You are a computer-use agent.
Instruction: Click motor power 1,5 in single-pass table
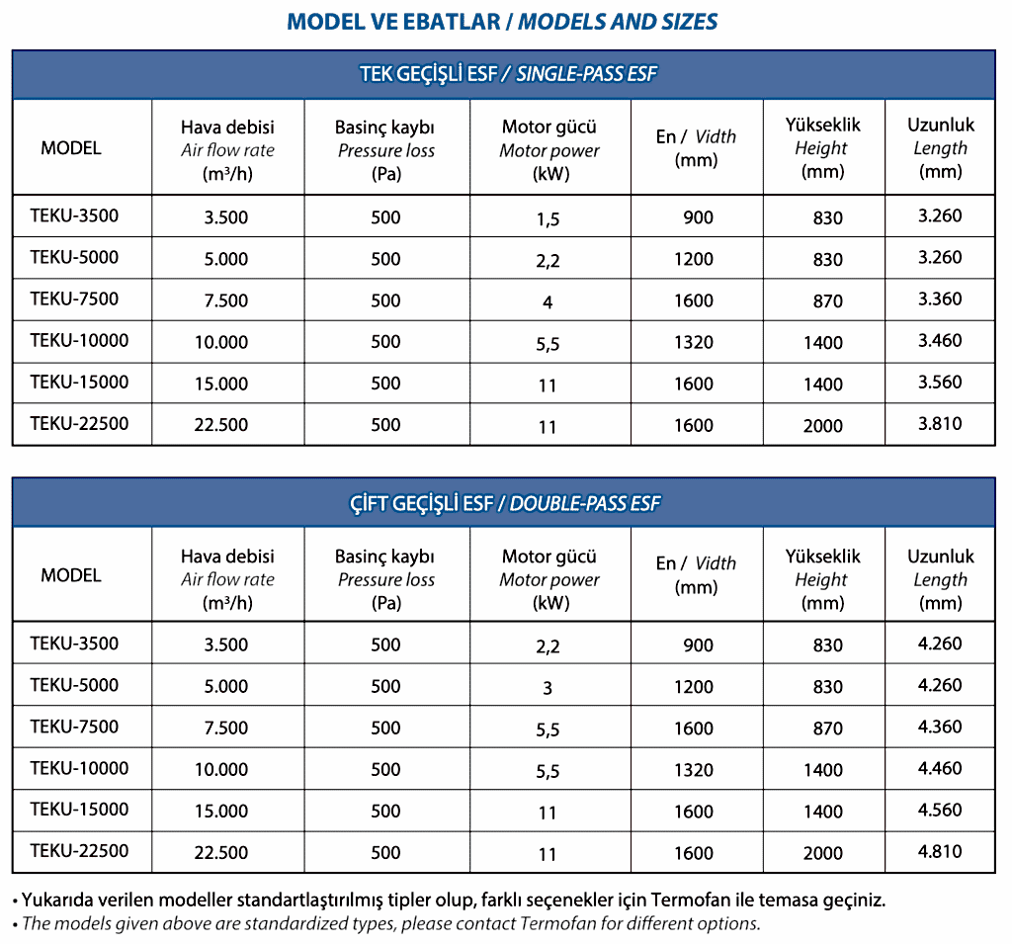548,218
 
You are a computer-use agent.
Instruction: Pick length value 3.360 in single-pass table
939,300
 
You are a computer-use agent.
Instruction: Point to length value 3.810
939,424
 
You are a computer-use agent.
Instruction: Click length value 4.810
939,851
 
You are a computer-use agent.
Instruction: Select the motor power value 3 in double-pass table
548,688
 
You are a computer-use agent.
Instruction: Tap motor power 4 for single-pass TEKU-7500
548,302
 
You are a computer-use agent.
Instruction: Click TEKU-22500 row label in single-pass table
79,424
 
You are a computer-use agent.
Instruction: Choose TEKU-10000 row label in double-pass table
79,768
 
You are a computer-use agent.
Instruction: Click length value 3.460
939,341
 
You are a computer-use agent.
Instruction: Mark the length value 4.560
939,810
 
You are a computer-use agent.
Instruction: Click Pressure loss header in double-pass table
385,579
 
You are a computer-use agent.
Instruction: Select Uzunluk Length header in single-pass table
940,148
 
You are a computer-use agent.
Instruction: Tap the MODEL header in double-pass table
71,575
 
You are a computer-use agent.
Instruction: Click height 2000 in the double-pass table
822,854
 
